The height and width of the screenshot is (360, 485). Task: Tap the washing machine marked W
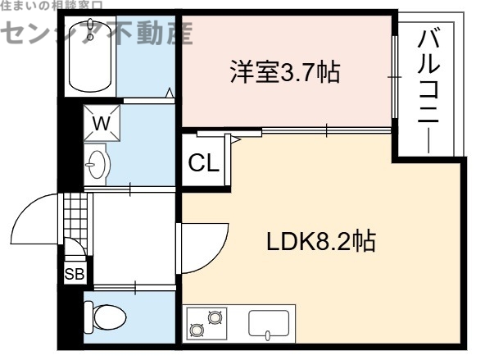click(102, 125)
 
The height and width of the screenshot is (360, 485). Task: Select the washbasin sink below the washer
click(97, 165)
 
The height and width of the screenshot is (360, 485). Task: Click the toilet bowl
click(107, 316)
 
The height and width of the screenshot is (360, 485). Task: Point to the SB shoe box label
click(73, 275)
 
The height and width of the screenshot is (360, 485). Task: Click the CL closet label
click(203, 162)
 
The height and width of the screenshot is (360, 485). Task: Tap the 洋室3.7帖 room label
click(283, 73)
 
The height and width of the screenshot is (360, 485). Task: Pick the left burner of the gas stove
click(197, 330)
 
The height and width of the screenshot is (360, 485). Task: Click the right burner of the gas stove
click(215, 316)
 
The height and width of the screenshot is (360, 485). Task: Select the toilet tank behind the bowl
click(89, 316)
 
